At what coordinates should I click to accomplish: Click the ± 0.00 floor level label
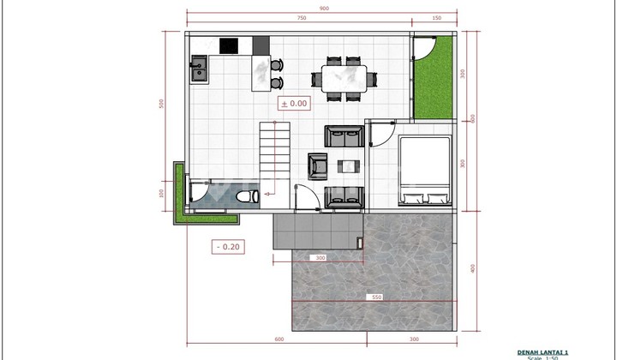pyautogui.click(x=294, y=104)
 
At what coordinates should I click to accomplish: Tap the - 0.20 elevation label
pyautogui.click(x=228, y=247)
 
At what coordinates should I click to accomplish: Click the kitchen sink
pyautogui.click(x=199, y=68)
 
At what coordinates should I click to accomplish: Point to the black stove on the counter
pyautogui.click(x=230, y=46)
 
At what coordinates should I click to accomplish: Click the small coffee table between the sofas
pyautogui.click(x=348, y=165)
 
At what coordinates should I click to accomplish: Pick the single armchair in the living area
pyautogui.click(x=317, y=165)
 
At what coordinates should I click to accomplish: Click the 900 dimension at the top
pyautogui.click(x=324, y=9)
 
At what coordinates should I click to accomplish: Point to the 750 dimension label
pyautogui.click(x=302, y=19)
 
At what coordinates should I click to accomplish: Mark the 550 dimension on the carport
pyautogui.click(x=375, y=298)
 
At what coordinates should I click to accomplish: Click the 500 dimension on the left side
pyautogui.click(x=160, y=105)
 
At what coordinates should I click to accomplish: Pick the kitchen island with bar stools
pyautogui.click(x=260, y=74)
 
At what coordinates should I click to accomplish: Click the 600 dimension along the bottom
pyautogui.click(x=279, y=339)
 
